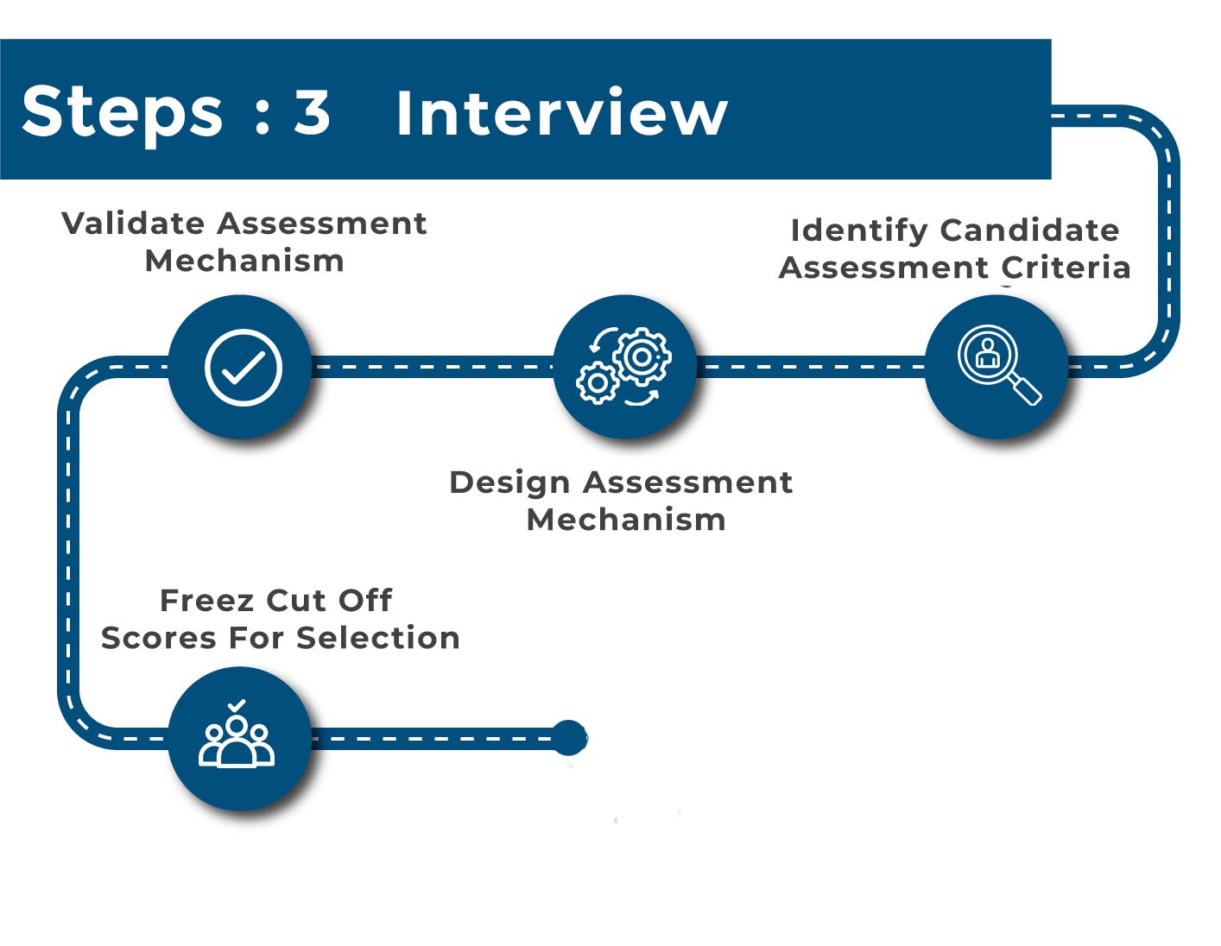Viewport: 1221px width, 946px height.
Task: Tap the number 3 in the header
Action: coord(311,112)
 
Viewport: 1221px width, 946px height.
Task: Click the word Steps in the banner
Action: coord(122,115)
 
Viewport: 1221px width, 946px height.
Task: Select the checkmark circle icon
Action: coord(244,367)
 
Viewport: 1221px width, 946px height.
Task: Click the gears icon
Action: coord(623,366)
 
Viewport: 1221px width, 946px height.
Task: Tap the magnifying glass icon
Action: coord(998,364)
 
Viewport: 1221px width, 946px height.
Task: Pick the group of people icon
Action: coord(237,733)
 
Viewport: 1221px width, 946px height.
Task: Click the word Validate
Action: coord(133,224)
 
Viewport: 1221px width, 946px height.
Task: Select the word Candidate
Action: coord(1030,230)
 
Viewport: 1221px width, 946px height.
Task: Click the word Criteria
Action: coord(1066,268)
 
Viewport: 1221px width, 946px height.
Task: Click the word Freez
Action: coord(208,601)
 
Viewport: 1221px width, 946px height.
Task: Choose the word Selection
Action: coord(378,639)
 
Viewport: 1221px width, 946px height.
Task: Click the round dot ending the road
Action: coord(569,738)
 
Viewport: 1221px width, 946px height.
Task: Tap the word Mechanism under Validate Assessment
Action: coord(244,261)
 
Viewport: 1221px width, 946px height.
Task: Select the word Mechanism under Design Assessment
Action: coord(626,520)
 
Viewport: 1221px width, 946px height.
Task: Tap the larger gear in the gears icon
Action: coord(642,356)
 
